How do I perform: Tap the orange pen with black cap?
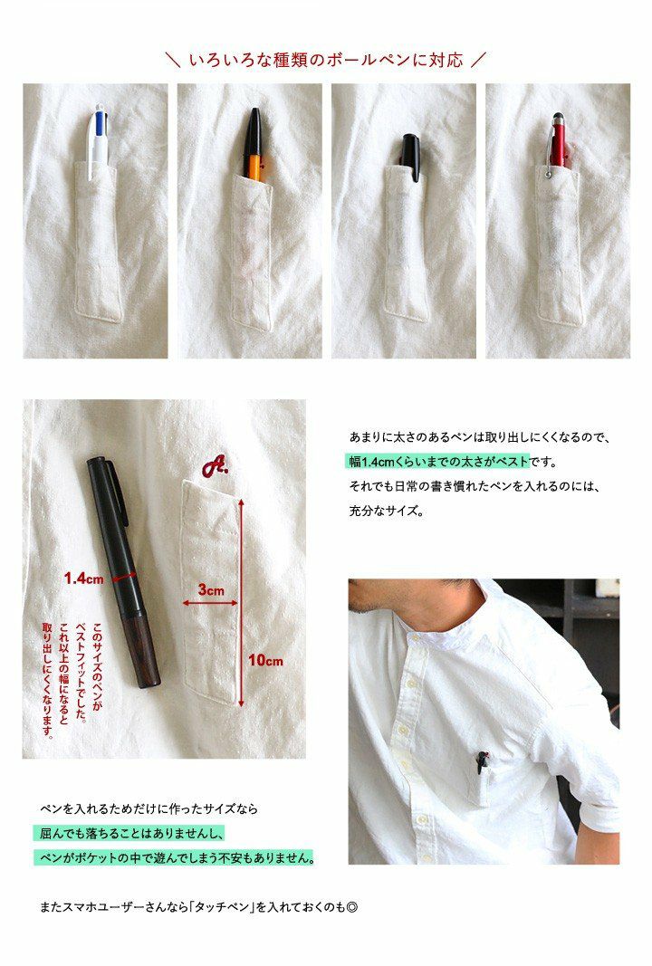(x=254, y=145)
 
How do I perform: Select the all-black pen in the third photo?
(x=410, y=158)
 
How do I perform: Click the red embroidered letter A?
(x=214, y=465)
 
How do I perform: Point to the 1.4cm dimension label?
(x=84, y=579)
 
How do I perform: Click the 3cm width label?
(x=211, y=589)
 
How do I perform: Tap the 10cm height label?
(x=265, y=660)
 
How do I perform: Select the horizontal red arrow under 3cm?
(x=210, y=603)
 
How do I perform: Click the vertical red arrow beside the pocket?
(x=241, y=602)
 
